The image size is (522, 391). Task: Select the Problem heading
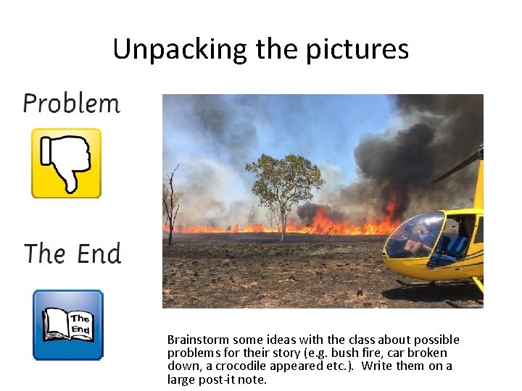coord(71,104)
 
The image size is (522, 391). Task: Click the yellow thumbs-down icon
coord(66,163)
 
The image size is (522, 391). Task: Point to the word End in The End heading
coord(99,254)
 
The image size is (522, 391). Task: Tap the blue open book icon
coord(68,324)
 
